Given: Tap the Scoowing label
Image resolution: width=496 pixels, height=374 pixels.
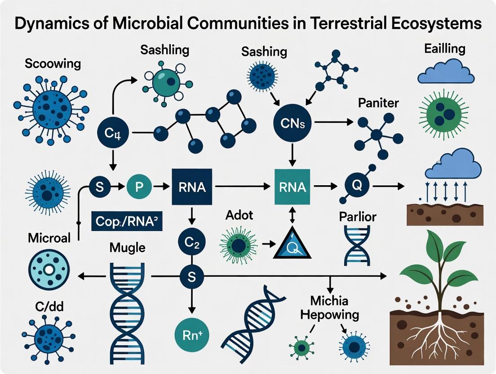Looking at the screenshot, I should pyautogui.click(x=53, y=63).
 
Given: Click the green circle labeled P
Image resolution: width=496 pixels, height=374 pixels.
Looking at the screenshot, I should pyautogui.click(x=137, y=187).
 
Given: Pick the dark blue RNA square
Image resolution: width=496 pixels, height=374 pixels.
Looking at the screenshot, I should pyautogui.click(x=193, y=187).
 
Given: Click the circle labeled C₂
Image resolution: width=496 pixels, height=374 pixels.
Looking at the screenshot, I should pyautogui.click(x=192, y=242).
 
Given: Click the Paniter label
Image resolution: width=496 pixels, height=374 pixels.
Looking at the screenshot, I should pyautogui.click(x=379, y=102).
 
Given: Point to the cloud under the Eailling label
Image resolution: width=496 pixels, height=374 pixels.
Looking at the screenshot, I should pyautogui.click(x=446, y=72).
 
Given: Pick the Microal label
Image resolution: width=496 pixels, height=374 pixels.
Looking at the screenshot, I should pyautogui.click(x=49, y=238).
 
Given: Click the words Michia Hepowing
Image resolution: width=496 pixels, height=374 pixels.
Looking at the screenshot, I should pyautogui.click(x=330, y=307).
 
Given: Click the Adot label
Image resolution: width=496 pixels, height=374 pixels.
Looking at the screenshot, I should pyautogui.click(x=239, y=215).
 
